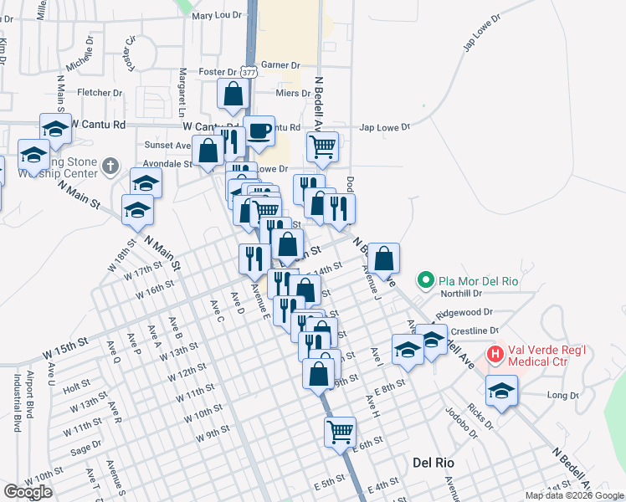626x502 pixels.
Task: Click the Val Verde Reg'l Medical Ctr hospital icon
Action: coord(495,355)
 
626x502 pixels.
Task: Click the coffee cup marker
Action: coord(259,131)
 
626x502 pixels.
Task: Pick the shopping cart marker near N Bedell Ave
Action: coord(322,147)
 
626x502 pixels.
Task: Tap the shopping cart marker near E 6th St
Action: coord(341,432)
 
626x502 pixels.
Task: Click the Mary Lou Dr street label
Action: coord(216,15)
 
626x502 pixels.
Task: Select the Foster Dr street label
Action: coord(218,72)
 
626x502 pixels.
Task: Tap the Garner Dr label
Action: coord(280,64)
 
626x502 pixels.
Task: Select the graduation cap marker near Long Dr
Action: coord(502,391)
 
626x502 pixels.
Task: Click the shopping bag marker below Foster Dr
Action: coord(233,95)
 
